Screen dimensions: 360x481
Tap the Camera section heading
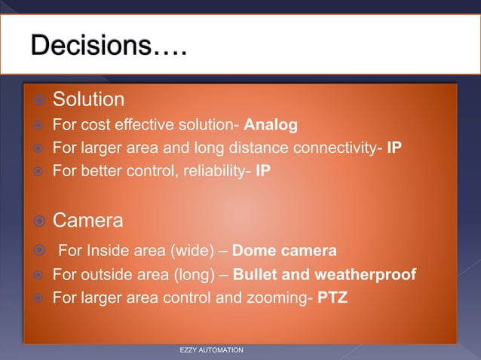click(x=87, y=221)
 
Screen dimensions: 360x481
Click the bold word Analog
click(x=271, y=124)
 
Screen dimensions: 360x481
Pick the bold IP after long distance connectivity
click(x=394, y=148)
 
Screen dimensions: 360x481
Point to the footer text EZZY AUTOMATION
click(x=211, y=351)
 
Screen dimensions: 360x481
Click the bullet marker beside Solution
click(x=36, y=100)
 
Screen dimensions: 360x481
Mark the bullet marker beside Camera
click(x=36, y=221)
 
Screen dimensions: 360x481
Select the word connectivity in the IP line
click(x=332, y=148)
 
